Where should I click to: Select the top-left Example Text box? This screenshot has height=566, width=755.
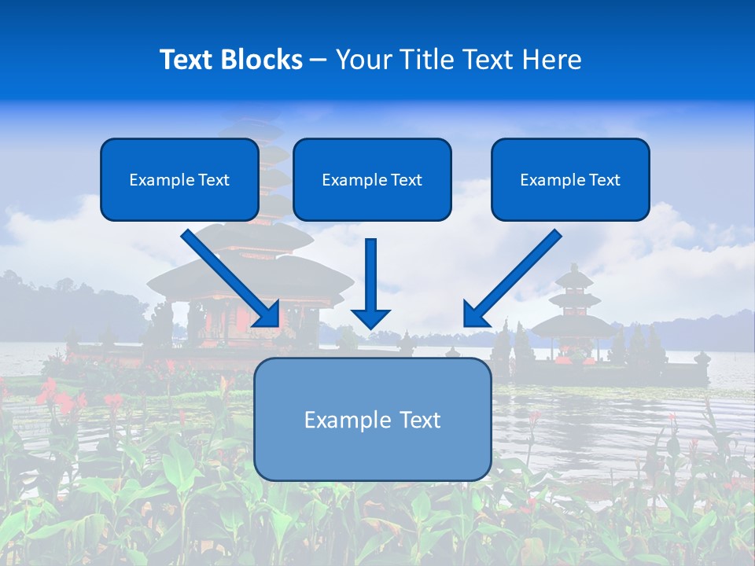(179, 179)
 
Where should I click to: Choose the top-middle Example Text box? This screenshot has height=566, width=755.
(372, 179)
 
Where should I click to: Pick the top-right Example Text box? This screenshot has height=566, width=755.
(570, 179)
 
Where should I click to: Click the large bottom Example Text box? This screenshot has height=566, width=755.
(373, 419)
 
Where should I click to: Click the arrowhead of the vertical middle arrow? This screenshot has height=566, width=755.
(371, 318)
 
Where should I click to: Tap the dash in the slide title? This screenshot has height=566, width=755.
(319, 60)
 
